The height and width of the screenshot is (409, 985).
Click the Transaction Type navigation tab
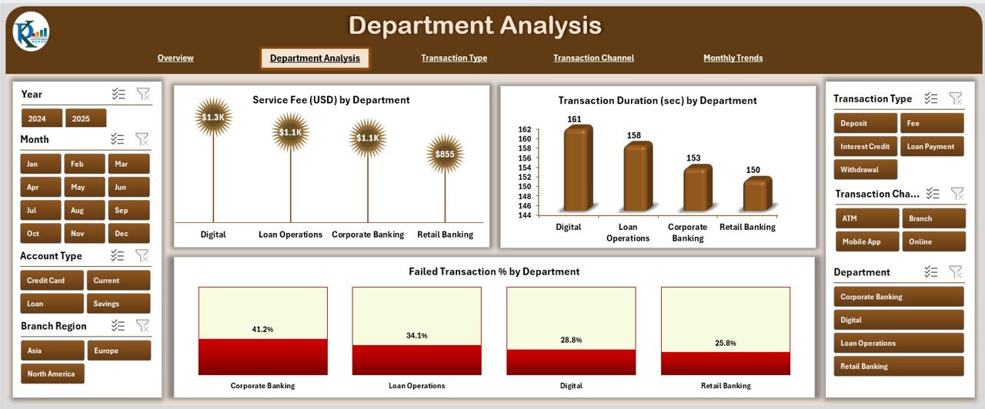click(454, 58)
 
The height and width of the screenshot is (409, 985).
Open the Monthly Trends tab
click(733, 58)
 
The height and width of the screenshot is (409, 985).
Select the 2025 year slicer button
click(85, 118)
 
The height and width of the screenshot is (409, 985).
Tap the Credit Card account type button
click(52, 281)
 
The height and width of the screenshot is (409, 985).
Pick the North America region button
click(52, 374)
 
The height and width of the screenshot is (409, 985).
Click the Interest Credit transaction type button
click(865, 146)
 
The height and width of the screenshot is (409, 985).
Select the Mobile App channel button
click(867, 241)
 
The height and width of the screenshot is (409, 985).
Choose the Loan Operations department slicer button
click(898, 343)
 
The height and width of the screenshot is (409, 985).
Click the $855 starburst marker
click(445, 154)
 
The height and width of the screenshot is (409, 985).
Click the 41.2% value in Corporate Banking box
click(262, 329)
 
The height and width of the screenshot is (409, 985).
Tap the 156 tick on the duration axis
click(524, 158)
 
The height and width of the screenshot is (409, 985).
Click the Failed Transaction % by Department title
click(493, 271)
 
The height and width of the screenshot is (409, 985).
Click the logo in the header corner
click(31, 32)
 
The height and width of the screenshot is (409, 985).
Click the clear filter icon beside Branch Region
click(142, 325)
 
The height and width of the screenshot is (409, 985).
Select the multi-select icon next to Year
click(118, 94)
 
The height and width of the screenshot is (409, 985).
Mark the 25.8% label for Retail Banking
click(725, 343)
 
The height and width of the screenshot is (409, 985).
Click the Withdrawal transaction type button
click(865, 169)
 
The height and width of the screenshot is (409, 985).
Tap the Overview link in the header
click(175, 58)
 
